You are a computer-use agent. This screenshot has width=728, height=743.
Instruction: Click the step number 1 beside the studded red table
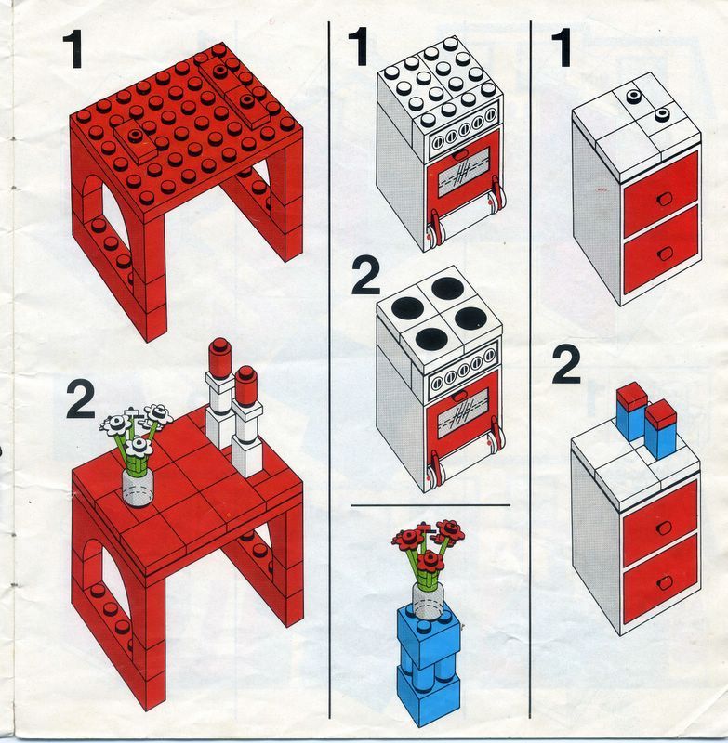click(x=73, y=49)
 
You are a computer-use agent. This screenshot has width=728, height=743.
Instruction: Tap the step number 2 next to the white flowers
click(x=81, y=400)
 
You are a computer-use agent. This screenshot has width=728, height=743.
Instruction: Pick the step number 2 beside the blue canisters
click(x=566, y=364)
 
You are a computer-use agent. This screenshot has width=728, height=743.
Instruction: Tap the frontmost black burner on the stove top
click(x=431, y=338)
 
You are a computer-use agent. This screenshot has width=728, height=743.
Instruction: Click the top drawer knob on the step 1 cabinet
click(x=665, y=199)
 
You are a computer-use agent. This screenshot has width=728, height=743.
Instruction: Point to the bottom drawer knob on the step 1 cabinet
click(x=665, y=254)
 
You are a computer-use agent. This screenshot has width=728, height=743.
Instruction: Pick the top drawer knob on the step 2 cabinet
click(x=665, y=528)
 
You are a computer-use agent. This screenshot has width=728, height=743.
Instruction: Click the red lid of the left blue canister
click(x=631, y=399)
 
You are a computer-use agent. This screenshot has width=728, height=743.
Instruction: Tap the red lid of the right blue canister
click(x=661, y=413)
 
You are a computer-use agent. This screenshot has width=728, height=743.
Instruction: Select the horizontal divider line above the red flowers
click(x=430, y=505)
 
